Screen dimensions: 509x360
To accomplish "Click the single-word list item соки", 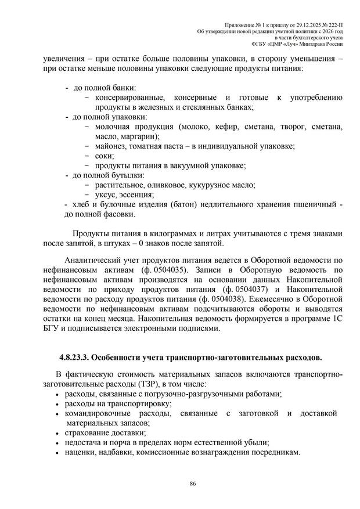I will tap(105, 156).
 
